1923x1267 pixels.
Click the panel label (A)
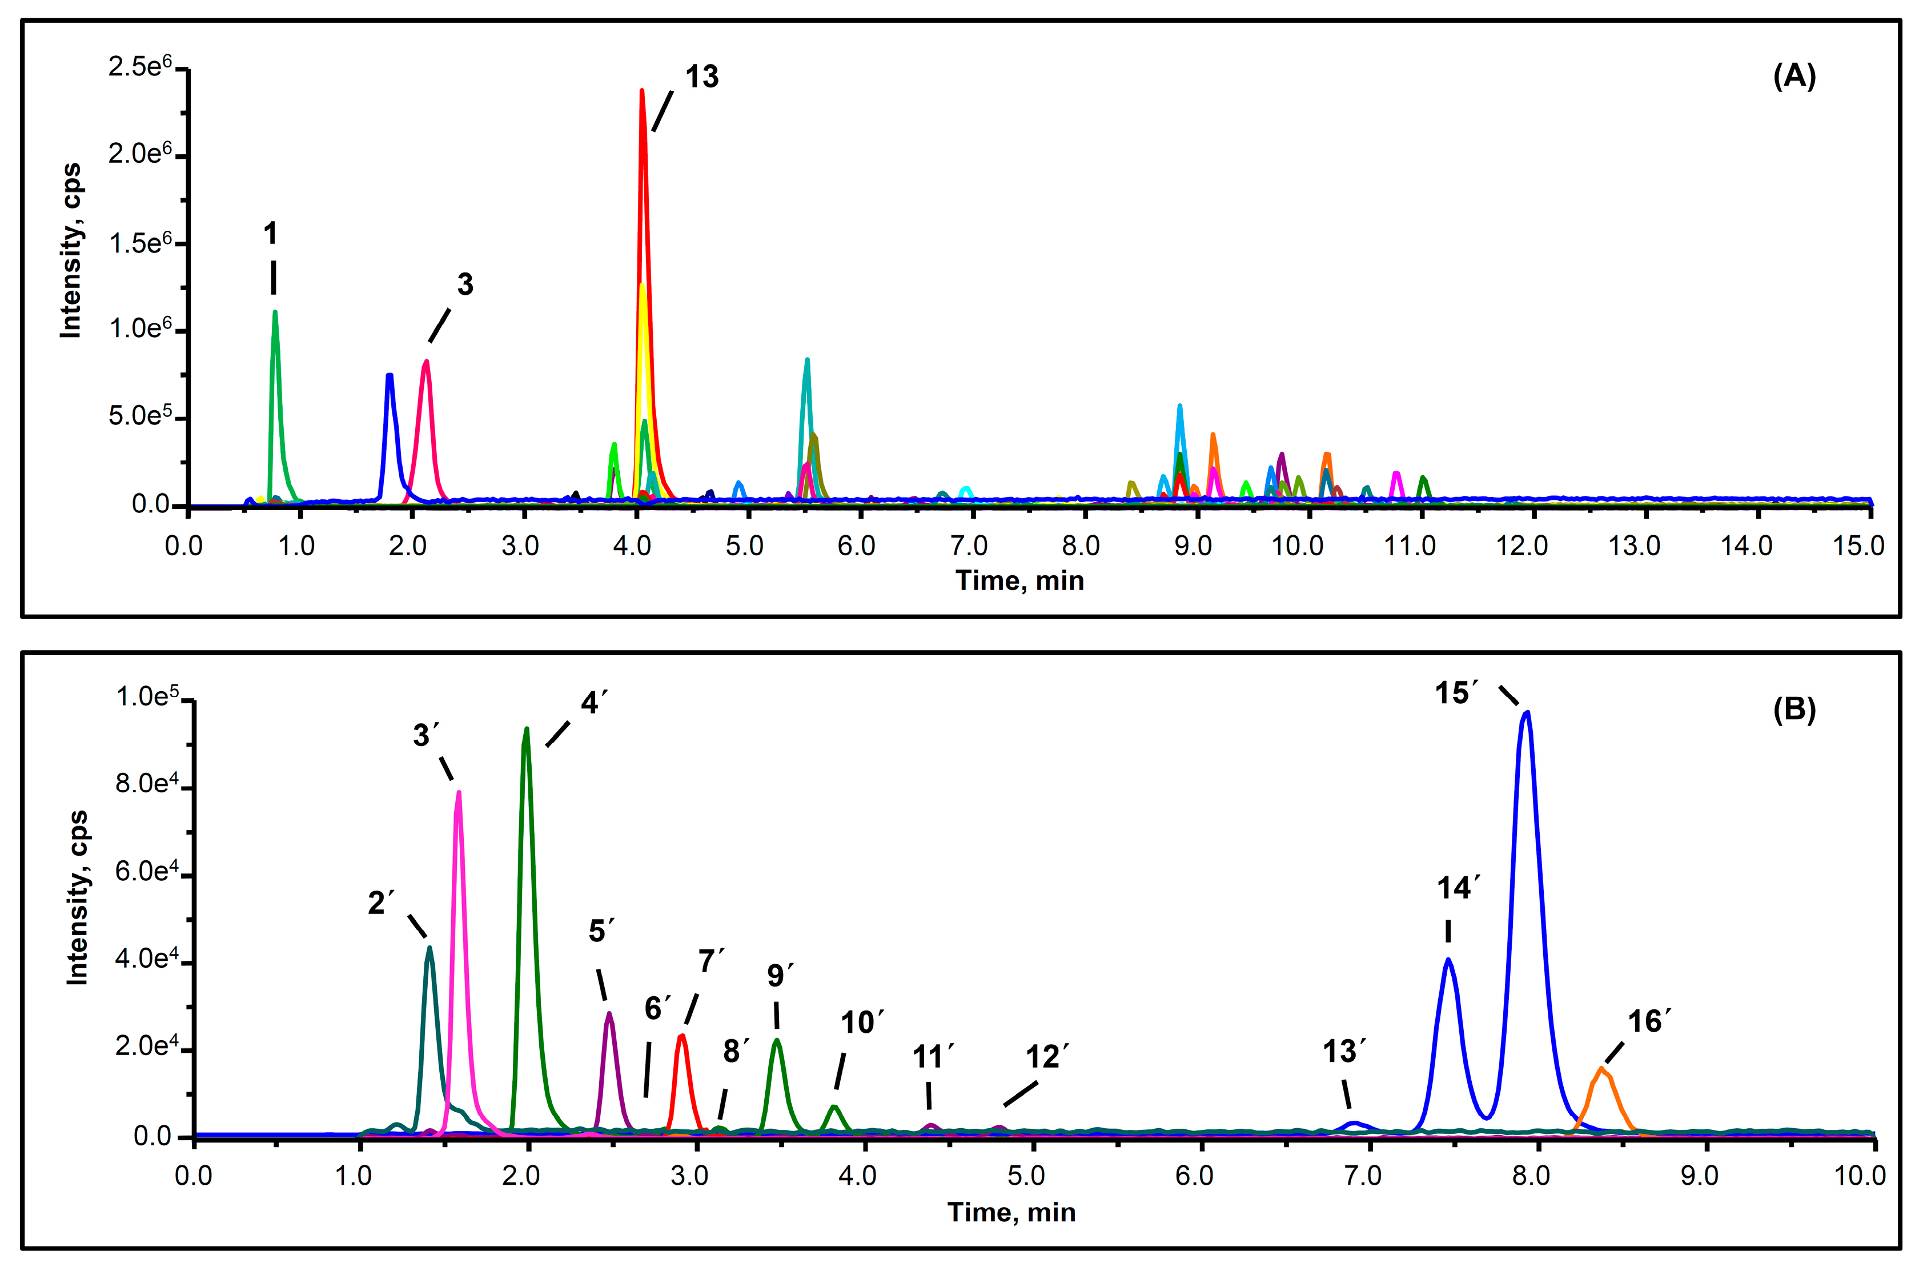click(1794, 76)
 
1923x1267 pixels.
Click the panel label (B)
click(1794, 709)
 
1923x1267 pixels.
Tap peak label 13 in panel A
click(701, 77)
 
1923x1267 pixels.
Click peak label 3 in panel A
click(464, 284)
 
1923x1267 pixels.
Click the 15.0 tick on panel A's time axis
click(1857, 546)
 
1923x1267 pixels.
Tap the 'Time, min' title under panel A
click(1019, 580)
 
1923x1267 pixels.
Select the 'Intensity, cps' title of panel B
click(77, 897)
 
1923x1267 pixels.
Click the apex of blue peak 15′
click(1526, 713)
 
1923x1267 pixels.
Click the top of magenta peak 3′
click(459, 793)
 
